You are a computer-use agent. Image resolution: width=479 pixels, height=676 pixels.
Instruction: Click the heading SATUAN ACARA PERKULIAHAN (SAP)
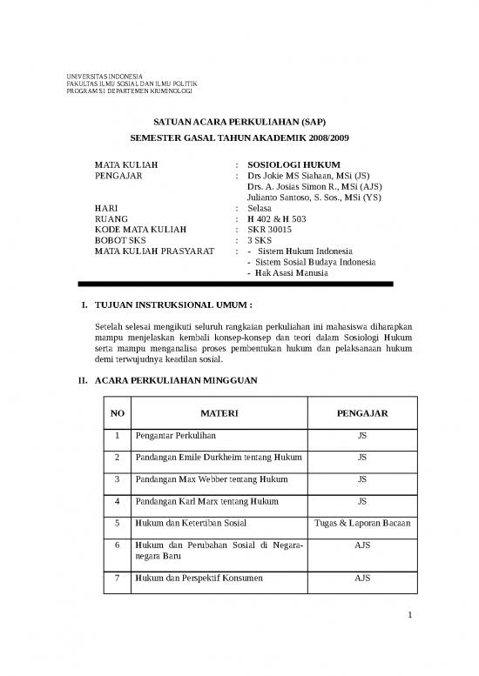click(239, 122)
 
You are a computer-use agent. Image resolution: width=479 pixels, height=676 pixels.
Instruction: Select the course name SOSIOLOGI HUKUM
click(293, 164)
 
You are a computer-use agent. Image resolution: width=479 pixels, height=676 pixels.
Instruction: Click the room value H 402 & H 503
click(276, 218)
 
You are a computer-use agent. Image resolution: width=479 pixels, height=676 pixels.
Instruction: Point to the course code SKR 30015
click(273, 230)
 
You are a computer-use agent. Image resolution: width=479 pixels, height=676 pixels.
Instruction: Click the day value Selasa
click(260, 208)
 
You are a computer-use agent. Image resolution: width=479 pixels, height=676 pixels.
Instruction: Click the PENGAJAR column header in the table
click(361, 412)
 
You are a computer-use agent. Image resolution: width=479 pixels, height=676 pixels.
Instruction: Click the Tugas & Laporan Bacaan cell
click(361, 523)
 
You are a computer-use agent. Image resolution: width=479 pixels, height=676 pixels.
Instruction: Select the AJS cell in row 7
click(361, 578)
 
